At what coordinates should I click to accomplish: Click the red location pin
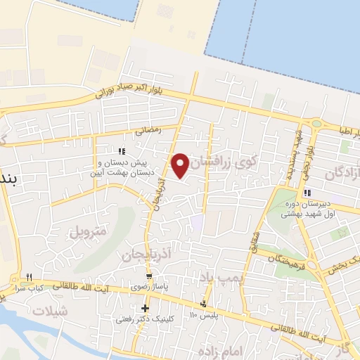tap(180, 165)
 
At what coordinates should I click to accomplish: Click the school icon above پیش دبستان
tap(122, 151)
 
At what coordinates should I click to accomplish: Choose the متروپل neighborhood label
tap(90, 230)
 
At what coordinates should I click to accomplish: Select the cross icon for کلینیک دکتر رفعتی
tap(145, 308)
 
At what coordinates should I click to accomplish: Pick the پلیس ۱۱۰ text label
tap(204, 316)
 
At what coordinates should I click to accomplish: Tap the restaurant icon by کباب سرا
tap(30, 276)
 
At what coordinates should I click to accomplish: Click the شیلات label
tap(53, 311)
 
